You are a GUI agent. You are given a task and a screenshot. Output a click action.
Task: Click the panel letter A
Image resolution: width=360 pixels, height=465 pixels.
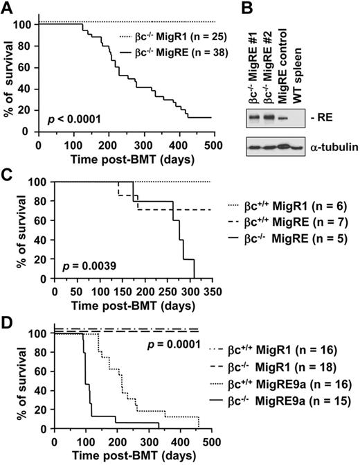8,8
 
